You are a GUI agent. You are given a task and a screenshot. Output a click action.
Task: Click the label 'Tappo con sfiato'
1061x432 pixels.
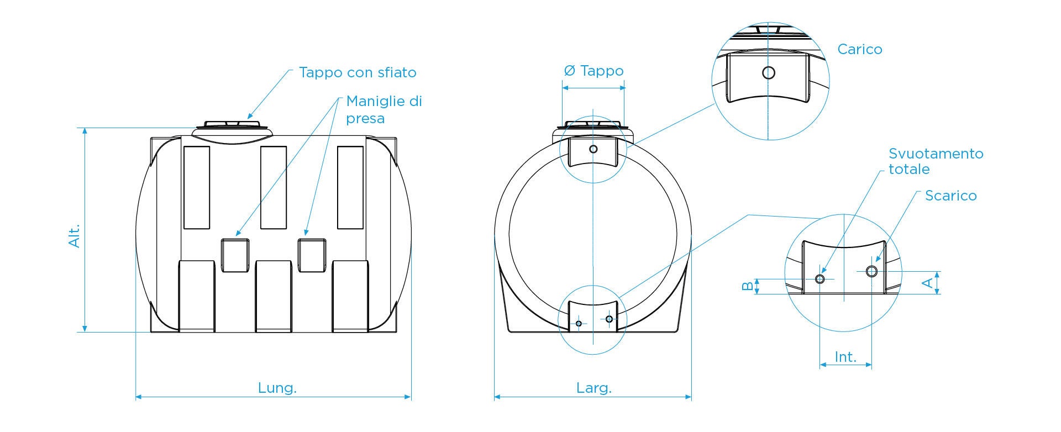coord(358,72)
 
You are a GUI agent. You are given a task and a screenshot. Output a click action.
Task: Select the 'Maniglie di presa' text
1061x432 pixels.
coord(384,109)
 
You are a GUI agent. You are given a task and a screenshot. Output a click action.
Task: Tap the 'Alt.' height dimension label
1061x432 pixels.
coord(75,235)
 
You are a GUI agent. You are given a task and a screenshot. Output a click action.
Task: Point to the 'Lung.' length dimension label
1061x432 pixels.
coord(277,388)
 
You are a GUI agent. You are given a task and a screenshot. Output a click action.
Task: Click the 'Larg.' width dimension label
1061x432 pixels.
coord(594,388)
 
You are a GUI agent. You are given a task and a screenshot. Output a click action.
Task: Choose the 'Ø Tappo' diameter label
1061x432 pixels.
coord(593,71)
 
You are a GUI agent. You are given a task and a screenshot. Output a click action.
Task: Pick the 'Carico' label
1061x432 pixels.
coord(860,49)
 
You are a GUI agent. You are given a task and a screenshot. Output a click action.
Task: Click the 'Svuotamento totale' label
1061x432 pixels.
coord(936,161)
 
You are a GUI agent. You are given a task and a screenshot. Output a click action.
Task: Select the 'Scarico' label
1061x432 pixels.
coord(950,196)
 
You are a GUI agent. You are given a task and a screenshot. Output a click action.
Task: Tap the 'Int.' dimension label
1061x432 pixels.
coord(845,357)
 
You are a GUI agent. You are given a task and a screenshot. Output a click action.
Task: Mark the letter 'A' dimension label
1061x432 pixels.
coord(928,283)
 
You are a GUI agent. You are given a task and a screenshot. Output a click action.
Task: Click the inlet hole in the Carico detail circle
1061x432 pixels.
coord(768,72)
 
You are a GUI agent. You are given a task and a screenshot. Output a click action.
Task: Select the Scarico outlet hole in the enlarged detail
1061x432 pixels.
coord(871,271)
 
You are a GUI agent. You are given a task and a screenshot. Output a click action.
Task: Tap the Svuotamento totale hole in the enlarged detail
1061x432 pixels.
coord(820,279)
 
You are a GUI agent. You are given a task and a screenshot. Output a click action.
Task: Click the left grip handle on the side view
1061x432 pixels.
coord(235,255)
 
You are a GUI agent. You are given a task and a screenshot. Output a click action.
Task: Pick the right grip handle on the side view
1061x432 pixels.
coord(312,255)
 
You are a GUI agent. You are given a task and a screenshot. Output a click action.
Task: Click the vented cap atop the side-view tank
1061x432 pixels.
coord(232,125)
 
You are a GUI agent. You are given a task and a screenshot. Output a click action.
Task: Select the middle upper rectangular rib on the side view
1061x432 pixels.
coord(274,187)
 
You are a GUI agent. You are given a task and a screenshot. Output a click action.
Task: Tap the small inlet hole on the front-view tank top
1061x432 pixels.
coord(593,149)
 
